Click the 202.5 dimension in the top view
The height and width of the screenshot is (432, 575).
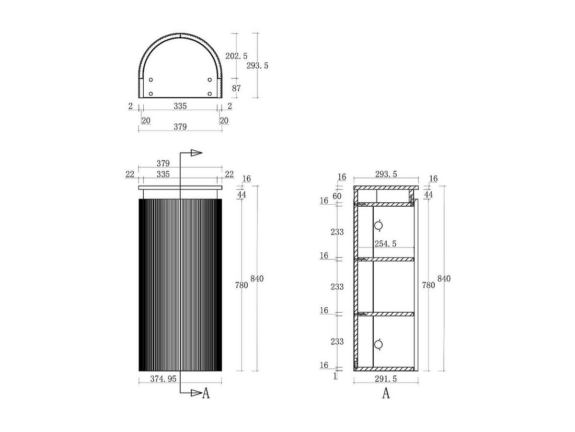pos(236,56)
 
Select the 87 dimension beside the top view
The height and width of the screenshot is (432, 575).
pos(236,88)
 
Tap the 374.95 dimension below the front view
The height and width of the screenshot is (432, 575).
pos(163,379)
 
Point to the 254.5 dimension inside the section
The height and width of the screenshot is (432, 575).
pos(385,244)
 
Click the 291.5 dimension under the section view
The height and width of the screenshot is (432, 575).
pos(386,379)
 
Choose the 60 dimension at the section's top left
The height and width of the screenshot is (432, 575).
pos(337,196)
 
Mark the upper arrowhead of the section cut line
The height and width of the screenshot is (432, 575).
pos(196,153)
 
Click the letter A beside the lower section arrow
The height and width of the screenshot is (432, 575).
pos(206,394)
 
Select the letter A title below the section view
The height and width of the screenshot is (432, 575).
pos(386,394)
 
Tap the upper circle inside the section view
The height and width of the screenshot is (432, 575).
pos(378,225)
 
